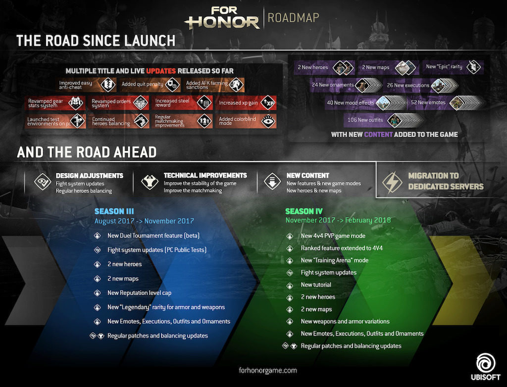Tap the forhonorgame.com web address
pos(267,370)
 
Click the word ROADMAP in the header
pos(293,18)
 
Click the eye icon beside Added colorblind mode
pos(268,120)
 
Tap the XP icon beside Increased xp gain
pos(268,102)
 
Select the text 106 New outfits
pos(365,120)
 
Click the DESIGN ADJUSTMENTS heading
pos(89,176)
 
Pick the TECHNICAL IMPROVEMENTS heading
pos(205,175)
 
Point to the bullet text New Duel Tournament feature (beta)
pos(153,236)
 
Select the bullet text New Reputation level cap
pos(139,293)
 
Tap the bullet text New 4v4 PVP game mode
pos(333,236)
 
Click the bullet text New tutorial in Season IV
pos(316,285)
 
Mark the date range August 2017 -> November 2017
pos(144,221)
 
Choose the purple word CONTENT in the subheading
pos(378,134)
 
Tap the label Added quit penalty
pos(143,85)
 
